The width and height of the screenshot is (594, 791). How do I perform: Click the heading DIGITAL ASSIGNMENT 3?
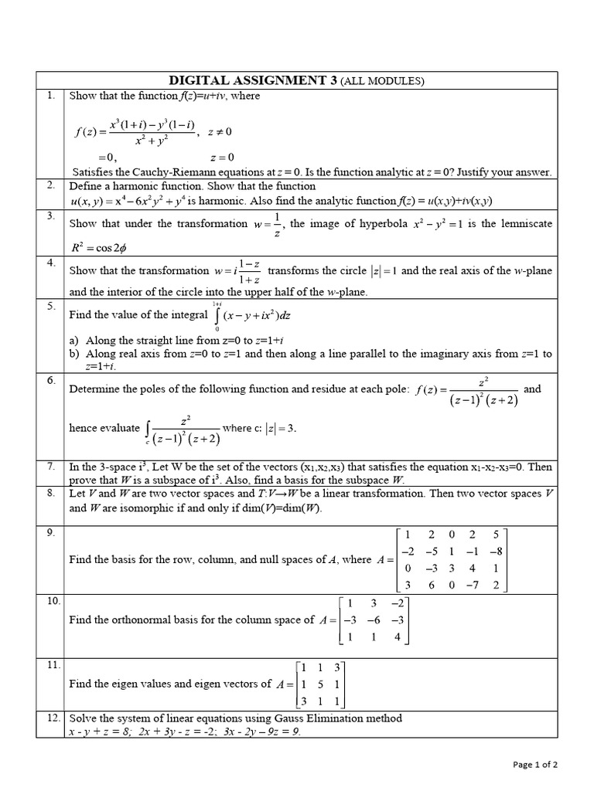pyautogui.click(x=251, y=80)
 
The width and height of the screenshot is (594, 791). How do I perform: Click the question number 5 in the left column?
pyautogui.click(x=49, y=306)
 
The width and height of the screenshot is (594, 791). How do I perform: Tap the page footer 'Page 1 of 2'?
pyautogui.click(x=535, y=765)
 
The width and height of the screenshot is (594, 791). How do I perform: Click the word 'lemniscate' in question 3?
pyautogui.click(x=527, y=223)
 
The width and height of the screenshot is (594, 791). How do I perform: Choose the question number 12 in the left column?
pyautogui.click(x=53, y=718)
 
